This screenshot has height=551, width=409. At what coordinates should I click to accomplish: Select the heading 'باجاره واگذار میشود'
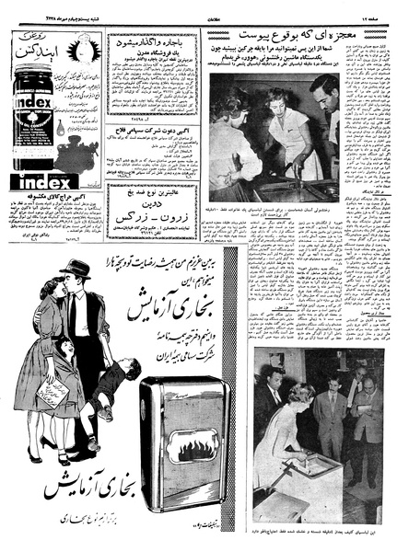(158, 42)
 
